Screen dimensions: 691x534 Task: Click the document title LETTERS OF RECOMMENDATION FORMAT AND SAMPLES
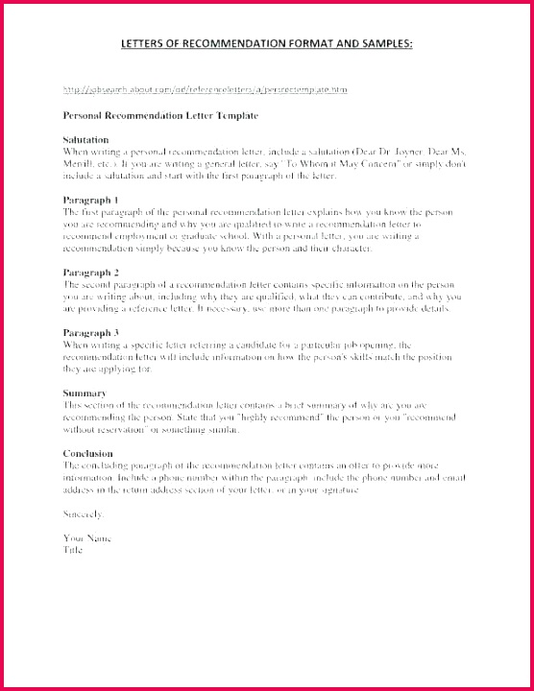(267, 43)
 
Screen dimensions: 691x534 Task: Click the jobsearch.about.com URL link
(205, 89)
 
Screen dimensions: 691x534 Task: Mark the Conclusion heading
(89, 453)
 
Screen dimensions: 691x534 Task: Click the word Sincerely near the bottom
(83, 514)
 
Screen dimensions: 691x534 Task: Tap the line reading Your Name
(87, 537)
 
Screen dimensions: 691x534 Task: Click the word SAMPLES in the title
(383, 43)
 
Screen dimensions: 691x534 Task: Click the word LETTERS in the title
(146, 43)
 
